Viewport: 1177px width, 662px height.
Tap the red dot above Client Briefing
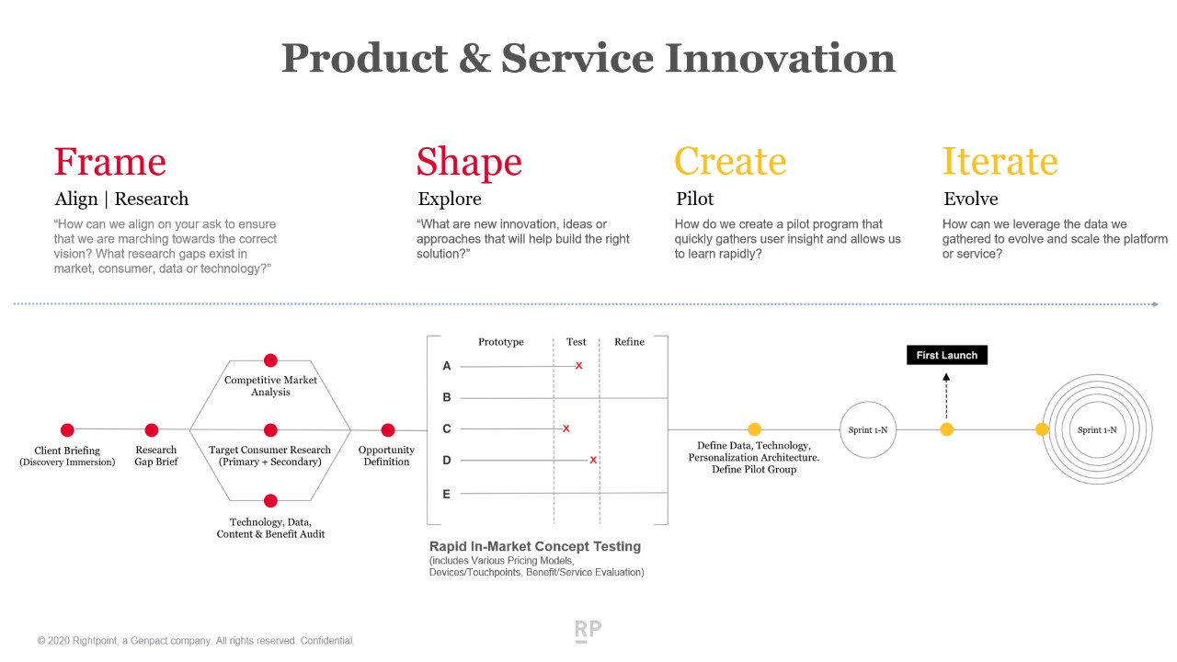click(x=67, y=430)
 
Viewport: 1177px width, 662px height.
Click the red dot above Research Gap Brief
click(x=152, y=430)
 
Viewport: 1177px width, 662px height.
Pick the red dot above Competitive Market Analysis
click(x=270, y=360)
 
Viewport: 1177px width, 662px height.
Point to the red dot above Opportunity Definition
click(x=388, y=430)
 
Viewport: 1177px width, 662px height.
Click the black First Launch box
click(x=947, y=355)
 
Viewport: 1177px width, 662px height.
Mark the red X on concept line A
click(x=579, y=366)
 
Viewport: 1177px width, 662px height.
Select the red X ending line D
click(x=593, y=461)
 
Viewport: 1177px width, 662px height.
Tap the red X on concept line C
click(x=566, y=428)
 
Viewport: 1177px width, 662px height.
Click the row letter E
click(x=446, y=495)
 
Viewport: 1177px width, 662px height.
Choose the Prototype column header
click(x=501, y=342)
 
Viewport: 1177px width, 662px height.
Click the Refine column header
click(x=630, y=342)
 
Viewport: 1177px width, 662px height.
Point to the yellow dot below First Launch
click(x=947, y=429)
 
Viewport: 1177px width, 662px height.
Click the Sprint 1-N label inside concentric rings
click(x=1097, y=430)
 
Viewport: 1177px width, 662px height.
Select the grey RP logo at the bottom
click(x=588, y=631)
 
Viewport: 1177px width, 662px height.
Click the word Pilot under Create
click(x=694, y=200)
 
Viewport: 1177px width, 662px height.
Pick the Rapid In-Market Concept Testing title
click(x=535, y=546)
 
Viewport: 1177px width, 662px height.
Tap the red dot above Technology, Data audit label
click(x=270, y=501)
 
